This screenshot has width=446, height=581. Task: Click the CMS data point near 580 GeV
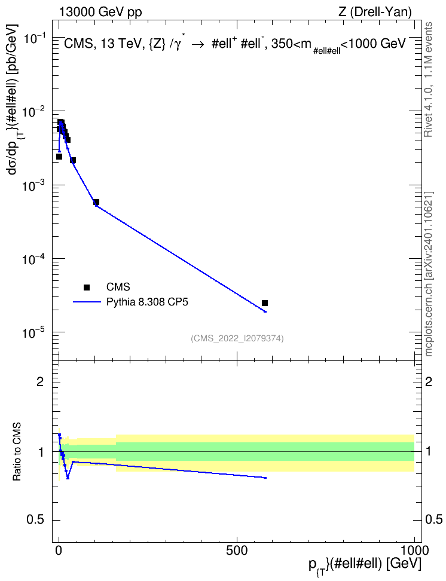[x=265, y=303]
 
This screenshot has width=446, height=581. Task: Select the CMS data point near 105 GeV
[x=96, y=202]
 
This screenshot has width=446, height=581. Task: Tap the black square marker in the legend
[x=87, y=287]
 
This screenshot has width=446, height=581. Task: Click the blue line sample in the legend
[x=87, y=302]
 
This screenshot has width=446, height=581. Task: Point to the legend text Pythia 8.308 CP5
[x=147, y=302]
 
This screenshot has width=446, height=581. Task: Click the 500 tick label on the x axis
[x=237, y=551]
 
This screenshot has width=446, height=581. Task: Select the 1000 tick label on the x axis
[x=414, y=551]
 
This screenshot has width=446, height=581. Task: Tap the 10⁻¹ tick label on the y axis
[x=33, y=38]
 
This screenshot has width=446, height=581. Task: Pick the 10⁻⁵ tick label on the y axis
[x=33, y=332]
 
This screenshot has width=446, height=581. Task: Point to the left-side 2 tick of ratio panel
[x=40, y=381]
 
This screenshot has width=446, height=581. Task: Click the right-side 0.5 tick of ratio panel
[x=433, y=520]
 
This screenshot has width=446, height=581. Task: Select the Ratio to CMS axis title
[x=17, y=452]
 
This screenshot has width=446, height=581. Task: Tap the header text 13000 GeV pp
[x=100, y=12]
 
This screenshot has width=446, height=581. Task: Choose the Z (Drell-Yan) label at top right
[x=375, y=12]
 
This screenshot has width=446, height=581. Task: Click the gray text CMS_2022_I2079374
[x=237, y=338]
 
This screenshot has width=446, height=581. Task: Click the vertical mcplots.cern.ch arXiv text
[x=429, y=274]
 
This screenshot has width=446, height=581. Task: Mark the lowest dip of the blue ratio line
[x=68, y=478]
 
